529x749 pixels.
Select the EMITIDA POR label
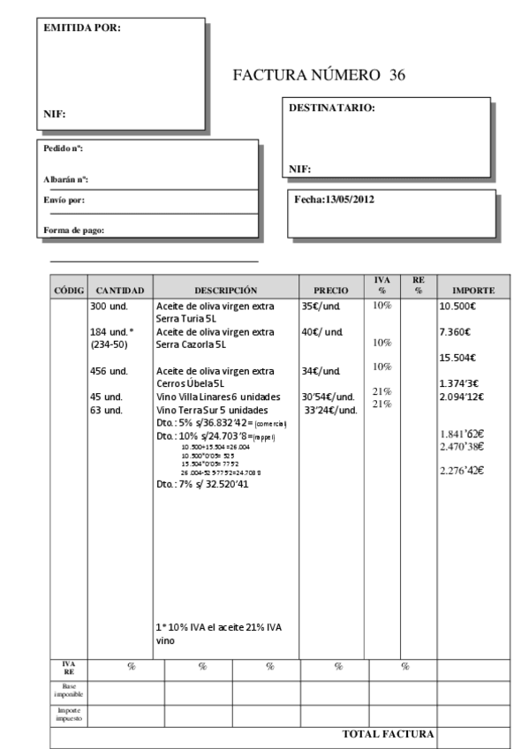point(82,27)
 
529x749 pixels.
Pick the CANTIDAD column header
point(119,290)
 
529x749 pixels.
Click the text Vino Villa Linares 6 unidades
point(218,397)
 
